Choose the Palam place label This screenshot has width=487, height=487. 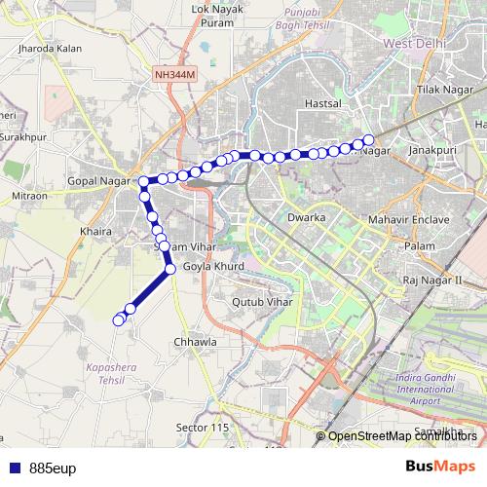[x=420, y=246]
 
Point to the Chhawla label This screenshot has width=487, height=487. [x=194, y=343]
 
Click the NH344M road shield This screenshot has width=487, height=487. [x=173, y=73]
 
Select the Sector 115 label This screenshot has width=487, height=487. [x=202, y=428]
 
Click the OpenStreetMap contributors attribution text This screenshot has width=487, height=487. [x=402, y=436]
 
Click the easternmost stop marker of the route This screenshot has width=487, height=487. [x=369, y=139]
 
